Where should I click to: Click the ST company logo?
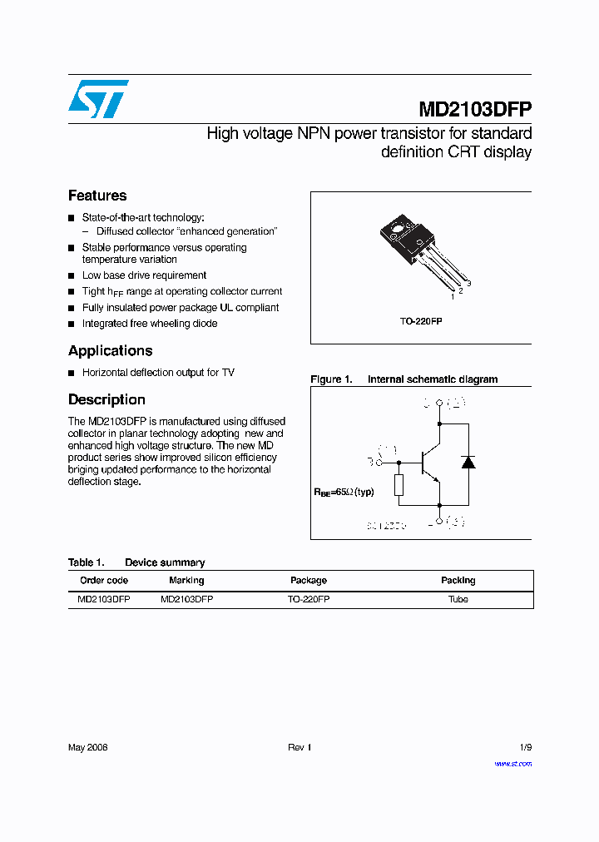click(98, 98)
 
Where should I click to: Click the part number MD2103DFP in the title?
click(474, 110)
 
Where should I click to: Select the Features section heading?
click(97, 196)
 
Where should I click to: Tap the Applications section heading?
click(110, 350)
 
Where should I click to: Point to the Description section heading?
click(106, 399)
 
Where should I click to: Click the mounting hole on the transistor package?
click(397, 228)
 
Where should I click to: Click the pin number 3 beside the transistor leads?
click(469, 285)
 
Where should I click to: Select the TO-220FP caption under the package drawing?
click(421, 320)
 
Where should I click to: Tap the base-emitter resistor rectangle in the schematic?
click(399, 484)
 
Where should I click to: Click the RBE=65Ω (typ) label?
click(344, 492)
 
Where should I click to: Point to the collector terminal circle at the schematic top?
click(439, 404)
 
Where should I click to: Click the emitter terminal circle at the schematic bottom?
click(439, 522)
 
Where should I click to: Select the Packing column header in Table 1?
click(458, 580)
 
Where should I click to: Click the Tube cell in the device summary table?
click(458, 599)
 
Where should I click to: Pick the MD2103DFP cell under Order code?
click(103, 599)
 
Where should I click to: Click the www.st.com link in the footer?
click(512, 763)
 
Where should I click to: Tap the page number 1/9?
click(524, 747)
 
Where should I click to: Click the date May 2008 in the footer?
click(87, 747)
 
